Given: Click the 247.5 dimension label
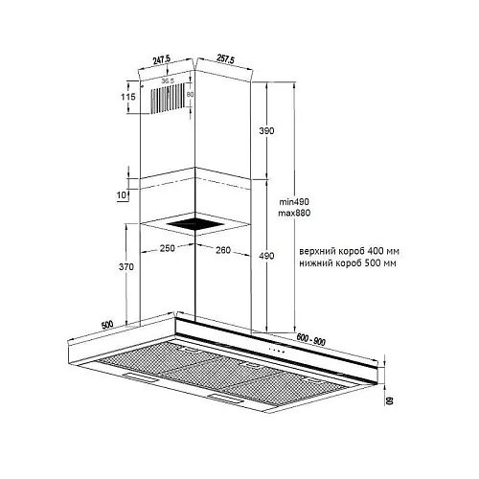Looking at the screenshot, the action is [162, 59].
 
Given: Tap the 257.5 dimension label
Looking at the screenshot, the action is [225, 59].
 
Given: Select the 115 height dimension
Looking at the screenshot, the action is [128, 97].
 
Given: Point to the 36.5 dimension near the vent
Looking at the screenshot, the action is [168, 81].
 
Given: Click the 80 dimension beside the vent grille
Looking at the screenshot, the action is [190, 95].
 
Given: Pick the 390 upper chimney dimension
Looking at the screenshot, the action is [266, 130].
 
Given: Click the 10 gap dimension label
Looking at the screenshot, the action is [122, 194].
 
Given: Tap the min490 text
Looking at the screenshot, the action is [294, 202].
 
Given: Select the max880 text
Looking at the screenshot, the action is [294, 213].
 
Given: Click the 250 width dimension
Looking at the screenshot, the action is [168, 248].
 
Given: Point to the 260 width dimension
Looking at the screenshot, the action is [223, 250].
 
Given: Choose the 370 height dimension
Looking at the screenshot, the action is [126, 266].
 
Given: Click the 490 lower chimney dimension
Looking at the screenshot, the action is [266, 256].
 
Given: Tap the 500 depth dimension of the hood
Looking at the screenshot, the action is [107, 325].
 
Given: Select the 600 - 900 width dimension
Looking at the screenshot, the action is [310, 339].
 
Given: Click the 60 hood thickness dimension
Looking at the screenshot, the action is [390, 400].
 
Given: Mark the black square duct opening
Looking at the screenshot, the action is [195, 224].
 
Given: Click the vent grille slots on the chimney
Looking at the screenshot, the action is [168, 98].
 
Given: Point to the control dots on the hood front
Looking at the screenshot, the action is [277, 351].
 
